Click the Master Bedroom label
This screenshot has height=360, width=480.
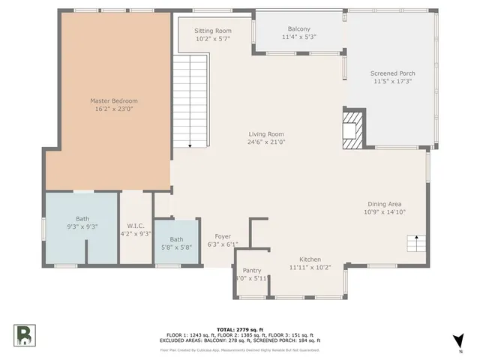(x=114, y=100)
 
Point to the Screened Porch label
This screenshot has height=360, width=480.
(x=392, y=73)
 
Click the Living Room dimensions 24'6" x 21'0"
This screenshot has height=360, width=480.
(x=267, y=142)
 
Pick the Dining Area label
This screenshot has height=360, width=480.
(x=385, y=204)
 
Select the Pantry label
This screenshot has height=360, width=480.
(x=252, y=270)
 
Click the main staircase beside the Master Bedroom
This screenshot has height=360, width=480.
(x=190, y=101)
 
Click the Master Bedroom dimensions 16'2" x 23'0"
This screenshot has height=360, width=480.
(x=114, y=109)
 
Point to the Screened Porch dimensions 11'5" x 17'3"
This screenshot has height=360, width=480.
(x=392, y=82)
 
